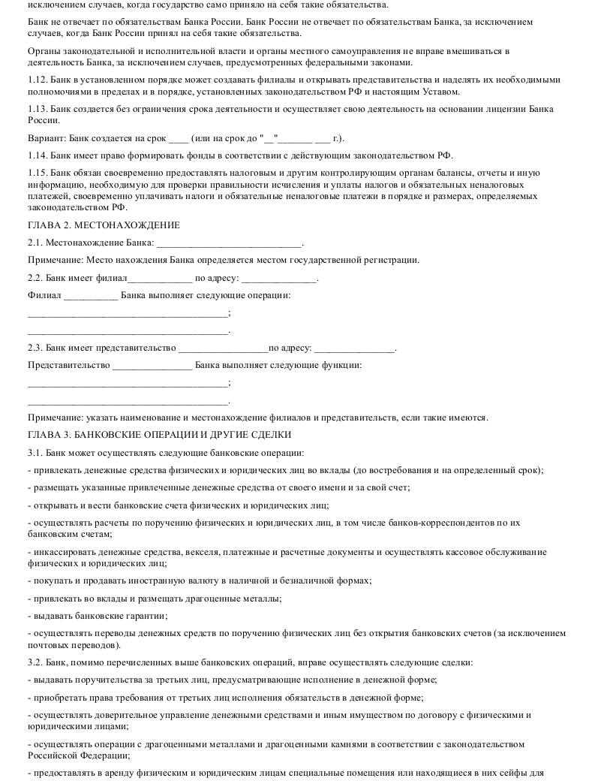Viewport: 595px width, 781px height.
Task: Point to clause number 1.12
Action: click(x=37, y=80)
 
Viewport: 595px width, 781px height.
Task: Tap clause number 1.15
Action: click(x=37, y=173)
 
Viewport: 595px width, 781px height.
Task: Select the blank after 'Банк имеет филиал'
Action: click(x=160, y=279)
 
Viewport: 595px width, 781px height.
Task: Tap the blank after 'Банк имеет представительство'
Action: click(x=223, y=348)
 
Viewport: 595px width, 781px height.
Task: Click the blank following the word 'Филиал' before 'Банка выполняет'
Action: click(x=91, y=295)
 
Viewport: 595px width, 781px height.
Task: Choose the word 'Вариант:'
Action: click(x=46, y=139)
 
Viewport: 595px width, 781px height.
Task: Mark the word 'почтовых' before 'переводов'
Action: click(x=47, y=645)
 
